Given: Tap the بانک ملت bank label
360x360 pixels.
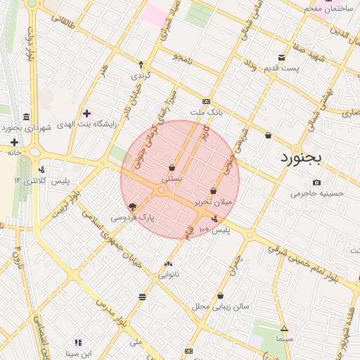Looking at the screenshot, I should click(x=206, y=112).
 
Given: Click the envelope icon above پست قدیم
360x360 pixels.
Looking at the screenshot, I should click(x=282, y=58).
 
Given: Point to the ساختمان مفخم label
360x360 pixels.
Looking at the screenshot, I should click(x=328, y=8).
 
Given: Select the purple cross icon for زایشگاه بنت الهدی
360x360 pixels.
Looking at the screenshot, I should click(x=86, y=113).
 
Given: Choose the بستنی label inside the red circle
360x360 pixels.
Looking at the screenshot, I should click(x=172, y=179).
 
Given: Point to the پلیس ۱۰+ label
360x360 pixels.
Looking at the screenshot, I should click(x=214, y=230).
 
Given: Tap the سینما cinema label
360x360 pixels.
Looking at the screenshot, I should click(x=284, y=339).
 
